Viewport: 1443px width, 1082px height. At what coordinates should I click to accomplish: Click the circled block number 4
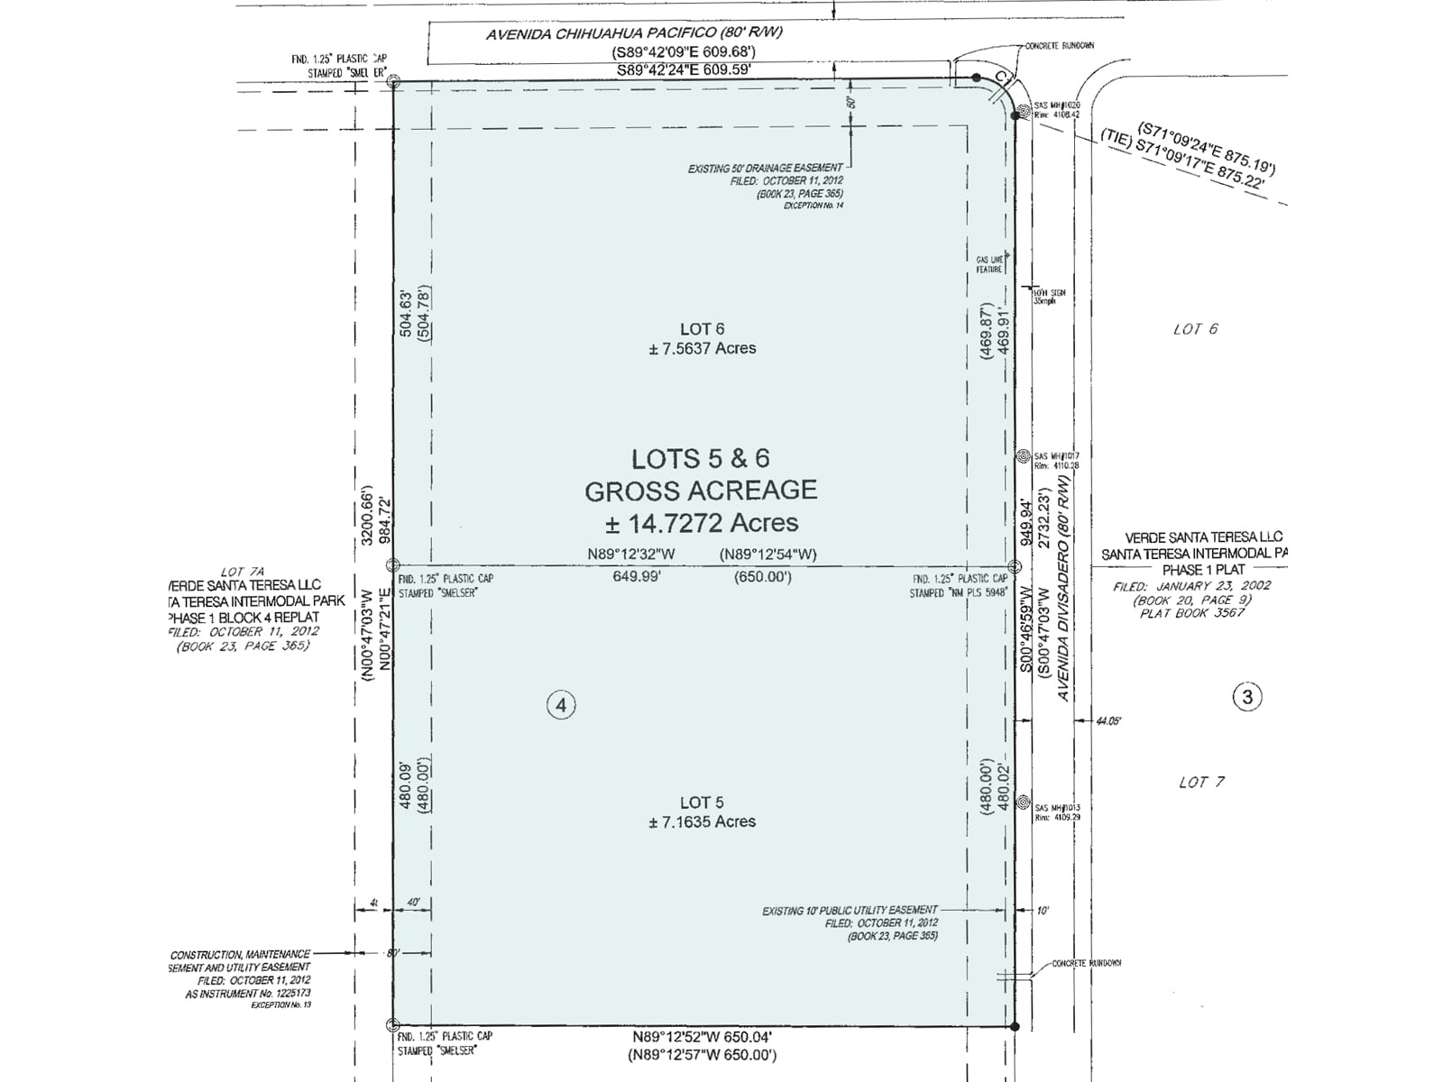click(561, 705)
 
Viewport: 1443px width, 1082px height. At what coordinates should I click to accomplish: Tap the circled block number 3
click(1247, 697)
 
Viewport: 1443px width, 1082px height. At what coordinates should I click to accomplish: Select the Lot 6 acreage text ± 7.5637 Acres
click(702, 348)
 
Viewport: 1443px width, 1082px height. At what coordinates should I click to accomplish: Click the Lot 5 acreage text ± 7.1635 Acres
click(702, 821)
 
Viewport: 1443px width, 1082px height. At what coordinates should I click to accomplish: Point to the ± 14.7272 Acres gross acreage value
click(702, 523)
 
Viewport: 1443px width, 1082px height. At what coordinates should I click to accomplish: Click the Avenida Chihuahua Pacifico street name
click(634, 33)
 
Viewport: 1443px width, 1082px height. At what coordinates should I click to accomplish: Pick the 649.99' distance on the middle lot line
click(637, 576)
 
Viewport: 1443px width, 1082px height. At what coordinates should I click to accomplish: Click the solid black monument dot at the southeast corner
click(1015, 1026)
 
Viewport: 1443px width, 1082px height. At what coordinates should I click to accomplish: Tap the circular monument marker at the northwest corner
click(393, 81)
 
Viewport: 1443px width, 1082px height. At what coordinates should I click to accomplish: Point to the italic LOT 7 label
click(1201, 782)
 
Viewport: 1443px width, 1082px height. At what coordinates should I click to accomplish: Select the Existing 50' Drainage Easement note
click(765, 168)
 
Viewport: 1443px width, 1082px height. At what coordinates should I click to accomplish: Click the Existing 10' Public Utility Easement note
click(850, 911)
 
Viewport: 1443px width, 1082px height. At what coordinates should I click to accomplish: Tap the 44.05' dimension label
click(1108, 721)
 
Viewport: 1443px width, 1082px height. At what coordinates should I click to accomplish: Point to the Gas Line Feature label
click(988, 264)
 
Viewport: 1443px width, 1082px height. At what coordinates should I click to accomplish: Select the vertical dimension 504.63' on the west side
click(406, 313)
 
